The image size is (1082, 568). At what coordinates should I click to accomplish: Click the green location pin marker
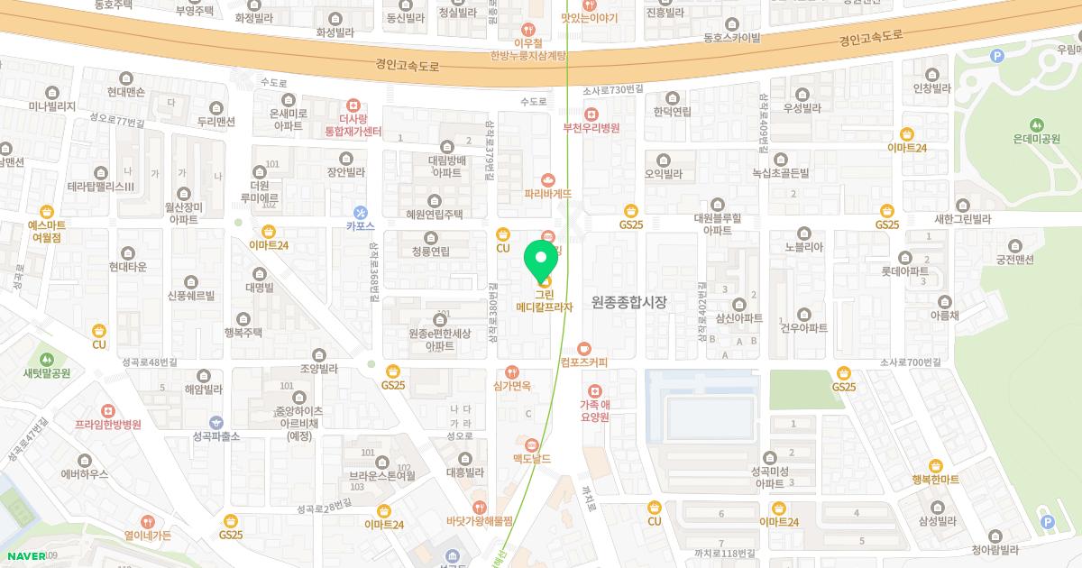pos(542,260)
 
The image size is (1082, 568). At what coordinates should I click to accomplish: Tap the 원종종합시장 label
pos(628,303)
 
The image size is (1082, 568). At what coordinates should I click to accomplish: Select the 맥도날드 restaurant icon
pos(532,444)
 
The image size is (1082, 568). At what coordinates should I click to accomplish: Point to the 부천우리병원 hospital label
pos(591,128)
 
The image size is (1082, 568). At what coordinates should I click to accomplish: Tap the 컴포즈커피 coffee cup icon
pos(584,348)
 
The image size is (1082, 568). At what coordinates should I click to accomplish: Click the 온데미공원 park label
pos(1036,139)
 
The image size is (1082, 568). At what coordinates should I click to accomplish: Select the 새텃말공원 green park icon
pos(47,359)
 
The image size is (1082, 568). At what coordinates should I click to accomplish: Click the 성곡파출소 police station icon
pos(215,422)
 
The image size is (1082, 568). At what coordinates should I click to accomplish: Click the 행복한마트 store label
pos(935,480)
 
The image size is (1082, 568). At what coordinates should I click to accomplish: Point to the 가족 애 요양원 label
pos(594,411)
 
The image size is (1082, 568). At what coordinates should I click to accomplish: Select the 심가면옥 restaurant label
pos(512,386)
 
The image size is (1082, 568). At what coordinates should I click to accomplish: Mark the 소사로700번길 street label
pos(910,362)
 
